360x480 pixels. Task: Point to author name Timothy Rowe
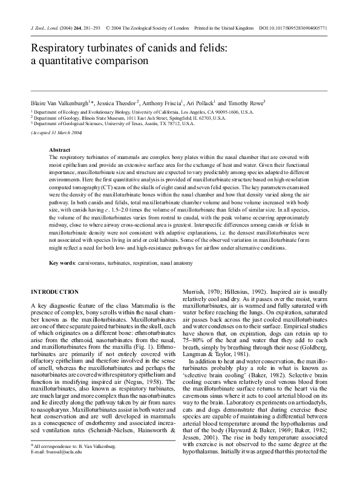(246, 103)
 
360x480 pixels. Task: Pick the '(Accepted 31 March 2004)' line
(56, 132)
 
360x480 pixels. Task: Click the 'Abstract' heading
(59, 149)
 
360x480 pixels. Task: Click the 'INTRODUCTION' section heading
(54, 292)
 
